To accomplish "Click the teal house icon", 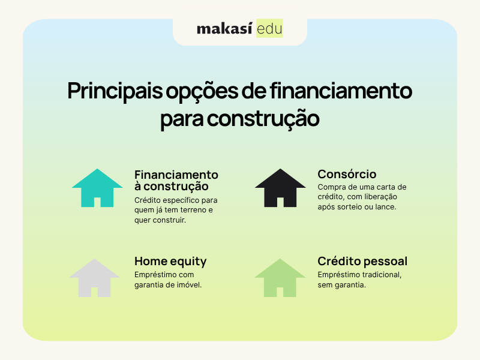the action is pos(97,188).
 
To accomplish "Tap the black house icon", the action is pos(280,188).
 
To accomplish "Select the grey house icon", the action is pos(94,278).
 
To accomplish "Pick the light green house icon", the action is pos(280,278).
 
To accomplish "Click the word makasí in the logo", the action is pos(224,28).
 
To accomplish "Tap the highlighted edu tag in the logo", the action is pos(269,28).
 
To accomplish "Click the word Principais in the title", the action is pos(115,91).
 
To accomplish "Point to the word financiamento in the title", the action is pos(341,91).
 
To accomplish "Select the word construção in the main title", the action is pos(263,119).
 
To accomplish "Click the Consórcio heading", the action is pos(347,174).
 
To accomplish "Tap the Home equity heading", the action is pos(170,262).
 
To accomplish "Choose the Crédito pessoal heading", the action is pos(362,262).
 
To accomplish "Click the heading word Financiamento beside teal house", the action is pos(176,175).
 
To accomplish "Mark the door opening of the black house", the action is pos(280,202).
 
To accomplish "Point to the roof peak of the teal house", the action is pos(97,169).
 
